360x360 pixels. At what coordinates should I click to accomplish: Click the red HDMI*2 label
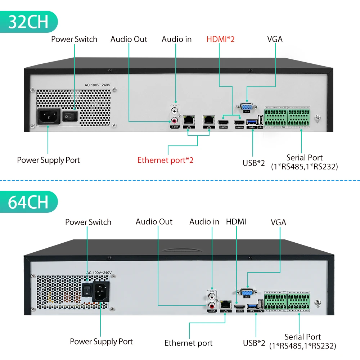pyautogui.click(x=220, y=39)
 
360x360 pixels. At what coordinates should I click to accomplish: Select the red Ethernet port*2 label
pyautogui.click(x=165, y=160)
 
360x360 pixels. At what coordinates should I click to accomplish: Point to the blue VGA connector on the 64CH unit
pyautogui.click(x=247, y=292)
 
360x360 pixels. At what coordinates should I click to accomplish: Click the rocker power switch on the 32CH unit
pyautogui.click(x=70, y=116)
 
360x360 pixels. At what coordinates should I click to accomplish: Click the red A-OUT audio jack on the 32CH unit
pyautogui.click(x=175, y=121)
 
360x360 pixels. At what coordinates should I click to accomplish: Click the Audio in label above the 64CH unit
pyautogui.click(x=204, y=222)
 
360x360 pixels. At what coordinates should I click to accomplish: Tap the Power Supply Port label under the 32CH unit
pyautogui.click(x=48, y=160)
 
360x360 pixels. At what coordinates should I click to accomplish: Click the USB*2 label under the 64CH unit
pyautogui.click(x=254, y=343)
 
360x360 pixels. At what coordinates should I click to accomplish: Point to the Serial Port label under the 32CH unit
pyautogui.click(x=304, y=158)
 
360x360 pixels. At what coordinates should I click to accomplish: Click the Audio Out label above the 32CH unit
pyautogui.click(x=129, y=39)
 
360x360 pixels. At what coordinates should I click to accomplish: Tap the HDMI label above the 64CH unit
pyautogui.click(x=236, y=221)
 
